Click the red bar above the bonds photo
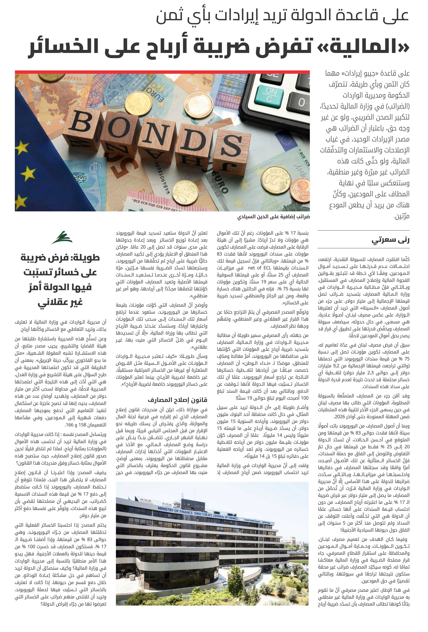[162, 72]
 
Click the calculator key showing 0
[301, 102]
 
